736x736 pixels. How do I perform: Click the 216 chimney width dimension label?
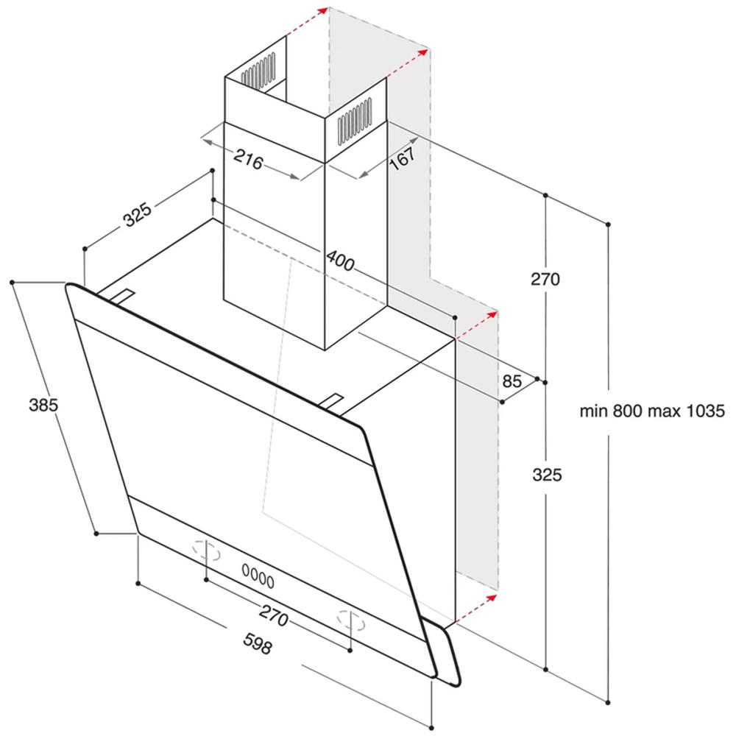coord(248,159)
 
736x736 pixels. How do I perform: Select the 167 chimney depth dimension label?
coord(403,158)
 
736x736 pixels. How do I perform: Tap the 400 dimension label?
coord(340,261)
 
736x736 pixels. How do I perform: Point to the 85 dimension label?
coord(512,381)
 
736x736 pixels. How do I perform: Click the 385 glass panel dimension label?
coord(43,405)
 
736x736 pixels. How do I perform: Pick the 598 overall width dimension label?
coord(257,643)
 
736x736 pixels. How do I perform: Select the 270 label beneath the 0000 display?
coord(273,615)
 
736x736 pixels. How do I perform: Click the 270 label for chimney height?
coord(545,279)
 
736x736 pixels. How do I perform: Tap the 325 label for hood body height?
coord(547,475)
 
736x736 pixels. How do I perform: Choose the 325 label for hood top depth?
coord(137,214)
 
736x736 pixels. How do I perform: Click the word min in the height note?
coord(593,411)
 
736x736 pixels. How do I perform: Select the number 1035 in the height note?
coord(706,411)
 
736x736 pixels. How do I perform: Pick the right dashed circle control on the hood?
coord(350,620)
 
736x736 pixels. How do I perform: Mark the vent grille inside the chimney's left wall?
coord(258,71)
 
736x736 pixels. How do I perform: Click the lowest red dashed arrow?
coord(476,609)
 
